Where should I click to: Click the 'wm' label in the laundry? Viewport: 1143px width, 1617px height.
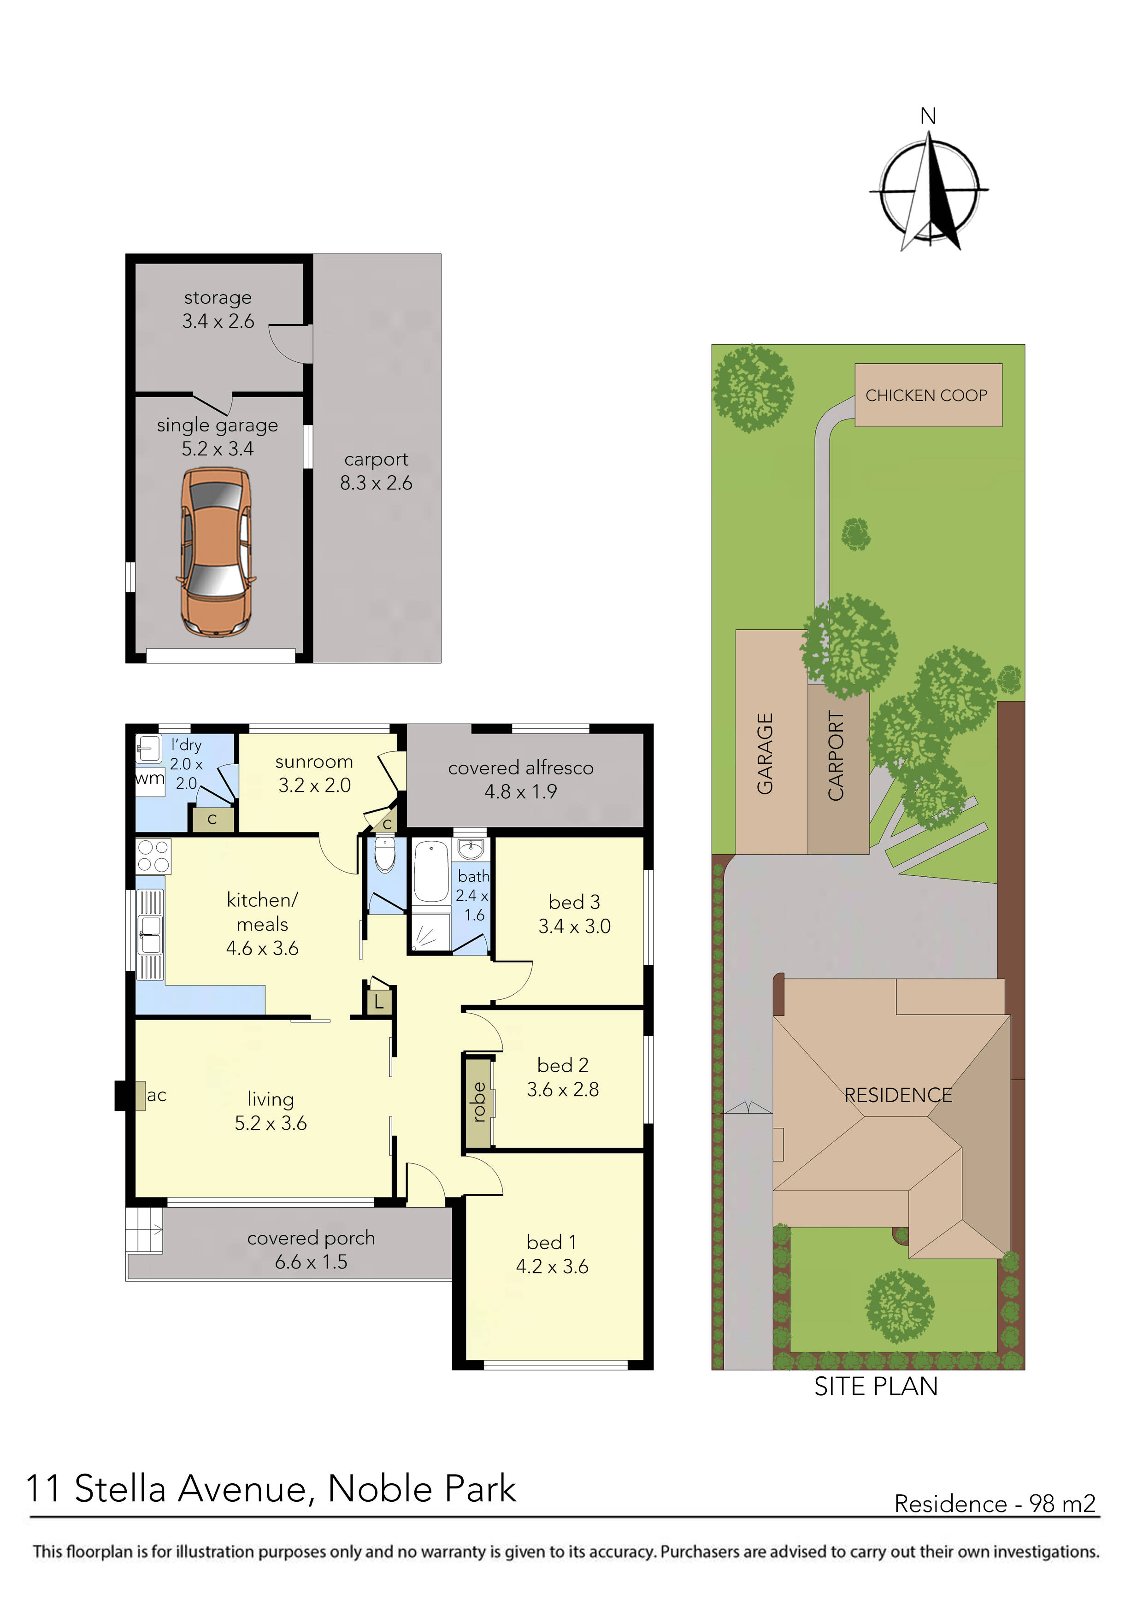(149, 779)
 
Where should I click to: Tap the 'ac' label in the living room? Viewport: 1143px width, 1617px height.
(156, 1095)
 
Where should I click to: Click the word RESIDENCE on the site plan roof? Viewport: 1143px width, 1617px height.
(898, 1095)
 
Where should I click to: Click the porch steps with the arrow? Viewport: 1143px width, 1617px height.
(144, 1230)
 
